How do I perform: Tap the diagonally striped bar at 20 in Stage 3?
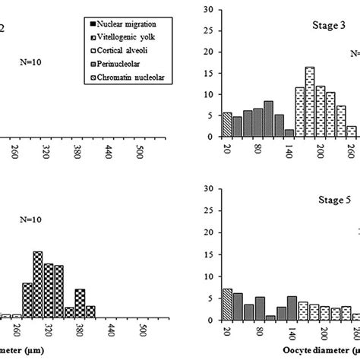point(227,125)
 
